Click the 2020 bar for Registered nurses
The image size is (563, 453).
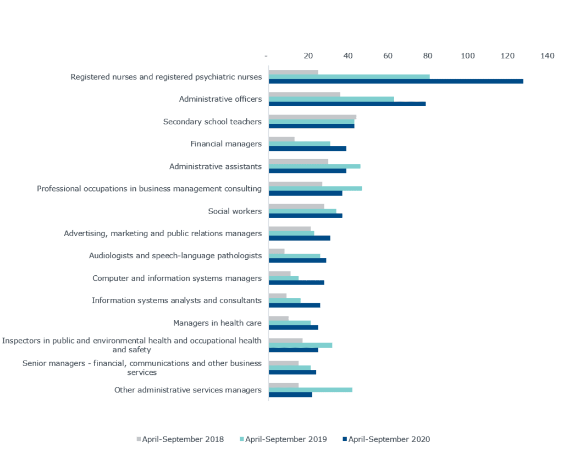[396, 81]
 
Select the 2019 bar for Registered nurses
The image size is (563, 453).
[349, 77]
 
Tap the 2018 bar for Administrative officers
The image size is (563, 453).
[304, 95]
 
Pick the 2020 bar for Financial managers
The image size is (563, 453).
[307, 148]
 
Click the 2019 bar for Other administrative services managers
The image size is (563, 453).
[311, 390]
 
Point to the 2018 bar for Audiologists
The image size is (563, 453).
[277, 251]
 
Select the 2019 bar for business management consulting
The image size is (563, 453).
[315, 189]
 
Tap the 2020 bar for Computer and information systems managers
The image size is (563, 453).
[296, 282]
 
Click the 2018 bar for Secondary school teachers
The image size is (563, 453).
[312, 117]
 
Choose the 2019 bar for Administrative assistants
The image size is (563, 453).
[314, 166]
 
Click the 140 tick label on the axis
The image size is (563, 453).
[548, 56]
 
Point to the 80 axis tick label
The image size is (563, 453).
[428, 56]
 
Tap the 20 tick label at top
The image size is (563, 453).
[308, 56]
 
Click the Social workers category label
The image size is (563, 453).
[235, 211]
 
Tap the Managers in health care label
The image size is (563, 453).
[217, 323]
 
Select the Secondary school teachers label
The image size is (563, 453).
[212, 122]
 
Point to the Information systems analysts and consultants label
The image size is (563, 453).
[176, 301]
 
